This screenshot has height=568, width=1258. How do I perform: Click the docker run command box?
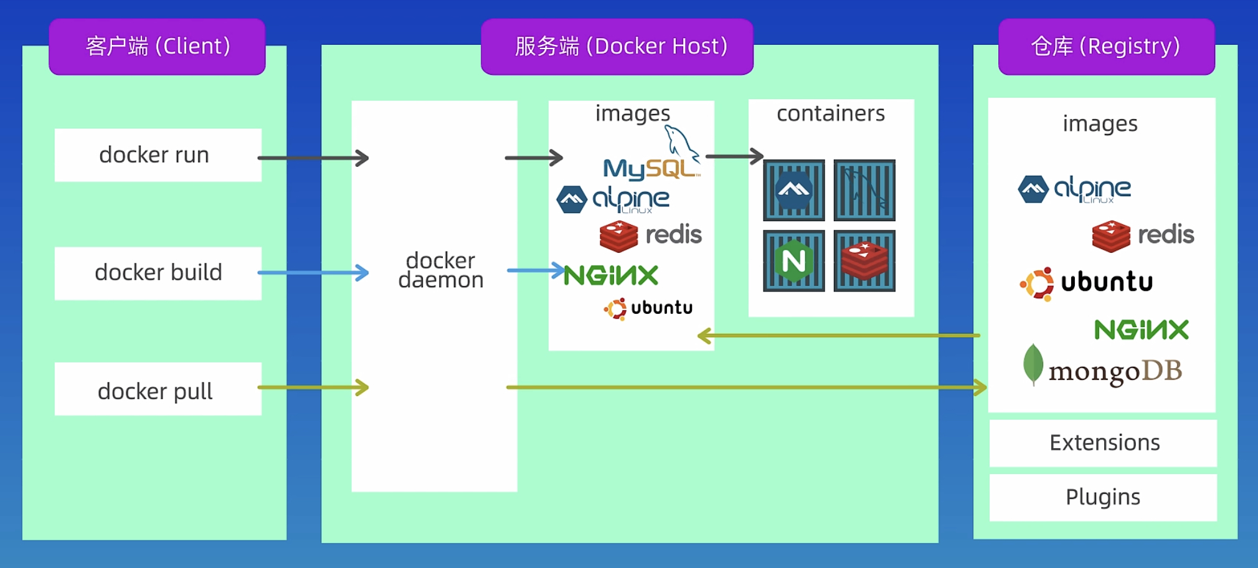(158, 155)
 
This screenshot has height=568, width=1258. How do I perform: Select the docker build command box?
(158, 273)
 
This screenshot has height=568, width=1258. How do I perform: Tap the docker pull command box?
(158, 389)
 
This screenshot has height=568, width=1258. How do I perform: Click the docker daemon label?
(440, 270)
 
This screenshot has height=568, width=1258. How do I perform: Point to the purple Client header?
(157, 47)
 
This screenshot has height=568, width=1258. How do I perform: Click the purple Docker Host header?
(617, 47)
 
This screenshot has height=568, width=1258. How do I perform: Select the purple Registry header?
(1106, 47)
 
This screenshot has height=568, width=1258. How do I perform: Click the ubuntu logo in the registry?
(1087, 283)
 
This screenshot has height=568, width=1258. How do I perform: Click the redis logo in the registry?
(1143, 235)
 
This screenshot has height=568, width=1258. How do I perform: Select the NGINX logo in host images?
(611, 275)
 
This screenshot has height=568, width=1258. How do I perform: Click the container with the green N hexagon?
(793, 261)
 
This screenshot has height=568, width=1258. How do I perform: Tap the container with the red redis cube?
(864, 261)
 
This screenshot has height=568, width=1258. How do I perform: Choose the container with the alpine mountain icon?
(793, 190)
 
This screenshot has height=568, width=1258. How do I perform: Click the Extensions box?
(1103, 443)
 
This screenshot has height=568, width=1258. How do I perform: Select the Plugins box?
(1103, 497)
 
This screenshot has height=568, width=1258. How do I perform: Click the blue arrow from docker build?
(313, 272)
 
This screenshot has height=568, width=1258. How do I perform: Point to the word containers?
(830, 113)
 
